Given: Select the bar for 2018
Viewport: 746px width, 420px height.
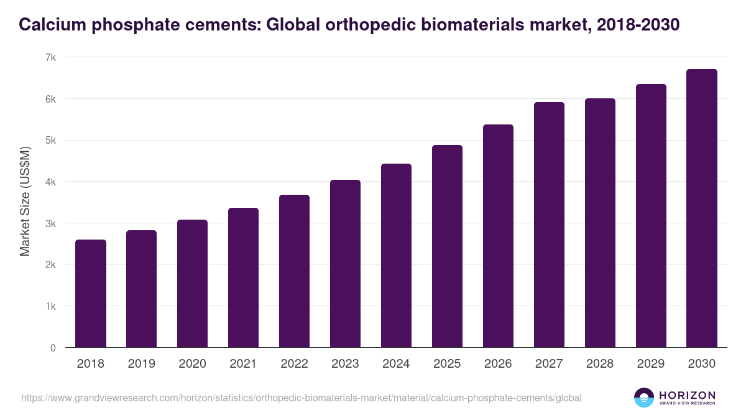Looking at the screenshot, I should (x=91, y=294).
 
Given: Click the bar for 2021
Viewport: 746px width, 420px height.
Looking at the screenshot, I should (x=244, y=278).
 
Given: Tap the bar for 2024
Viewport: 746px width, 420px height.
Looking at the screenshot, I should (x=397, y=256).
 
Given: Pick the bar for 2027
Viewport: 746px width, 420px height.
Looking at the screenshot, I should (x=549, y=225).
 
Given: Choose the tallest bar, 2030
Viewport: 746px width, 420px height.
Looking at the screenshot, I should (x=702, y=208).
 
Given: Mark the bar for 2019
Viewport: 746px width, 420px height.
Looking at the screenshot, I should (x=142, y=289).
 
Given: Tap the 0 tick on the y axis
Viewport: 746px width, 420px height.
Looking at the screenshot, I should (x=53, y=348).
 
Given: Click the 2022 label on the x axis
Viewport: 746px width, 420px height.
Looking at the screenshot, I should (x=294, y=364).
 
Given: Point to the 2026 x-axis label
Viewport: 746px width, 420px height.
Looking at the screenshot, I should (x=498, y=364).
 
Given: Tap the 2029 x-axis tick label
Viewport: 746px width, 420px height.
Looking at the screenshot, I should (x=651, y=364).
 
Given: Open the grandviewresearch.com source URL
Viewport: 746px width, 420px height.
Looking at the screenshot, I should (x=302, y=398).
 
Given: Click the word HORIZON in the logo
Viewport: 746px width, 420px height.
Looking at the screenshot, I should (x=687, y=395).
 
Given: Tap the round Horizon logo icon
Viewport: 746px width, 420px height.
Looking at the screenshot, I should (x=644, y=398).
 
